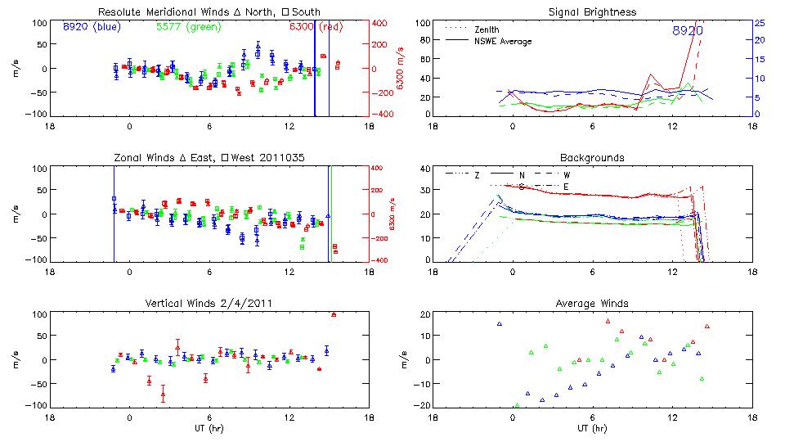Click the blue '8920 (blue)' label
(x=92, y=27)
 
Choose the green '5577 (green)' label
(x=189, y=27)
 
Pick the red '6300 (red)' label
(x=316, y=27)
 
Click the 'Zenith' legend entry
(x=487, y=29)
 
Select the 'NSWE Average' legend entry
(x=502, y=40)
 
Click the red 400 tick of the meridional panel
(x=381, y=23)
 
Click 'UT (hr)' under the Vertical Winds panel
(x=209, y=427)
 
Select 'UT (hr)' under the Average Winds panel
(x=593, y=427)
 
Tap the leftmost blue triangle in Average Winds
(x=500, y=324)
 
